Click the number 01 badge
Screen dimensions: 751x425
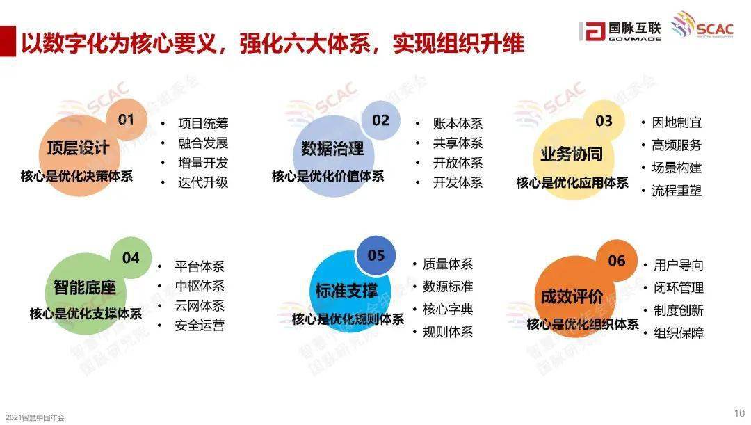tap(127, 120)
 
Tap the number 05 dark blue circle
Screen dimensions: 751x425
tap(376, 255)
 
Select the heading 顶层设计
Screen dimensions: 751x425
tap(78, 147)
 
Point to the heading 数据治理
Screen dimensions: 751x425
tap(332, 149)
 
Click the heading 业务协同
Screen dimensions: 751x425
tap(572, 154)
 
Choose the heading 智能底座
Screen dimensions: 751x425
tap(85, 287)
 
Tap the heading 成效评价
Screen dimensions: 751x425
tap(572, 296)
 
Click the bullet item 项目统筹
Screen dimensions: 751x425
tap(203, 124)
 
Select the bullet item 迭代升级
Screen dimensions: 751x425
tap(203, 182)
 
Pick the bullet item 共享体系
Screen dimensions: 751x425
tap(458, 143)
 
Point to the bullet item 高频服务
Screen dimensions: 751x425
tap(677, 145)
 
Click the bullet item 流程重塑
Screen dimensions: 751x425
tap(677, 191)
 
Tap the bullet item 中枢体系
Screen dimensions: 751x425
tap(200, 286)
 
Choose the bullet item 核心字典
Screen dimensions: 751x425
tap(448, 309)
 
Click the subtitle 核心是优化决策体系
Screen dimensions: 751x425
tap(76, 176)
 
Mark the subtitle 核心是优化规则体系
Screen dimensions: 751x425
tap(348, 319)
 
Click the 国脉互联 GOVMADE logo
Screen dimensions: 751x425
tap(620, 31)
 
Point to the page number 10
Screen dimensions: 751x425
tap(739, 413)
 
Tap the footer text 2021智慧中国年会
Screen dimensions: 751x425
tap(35, 418)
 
